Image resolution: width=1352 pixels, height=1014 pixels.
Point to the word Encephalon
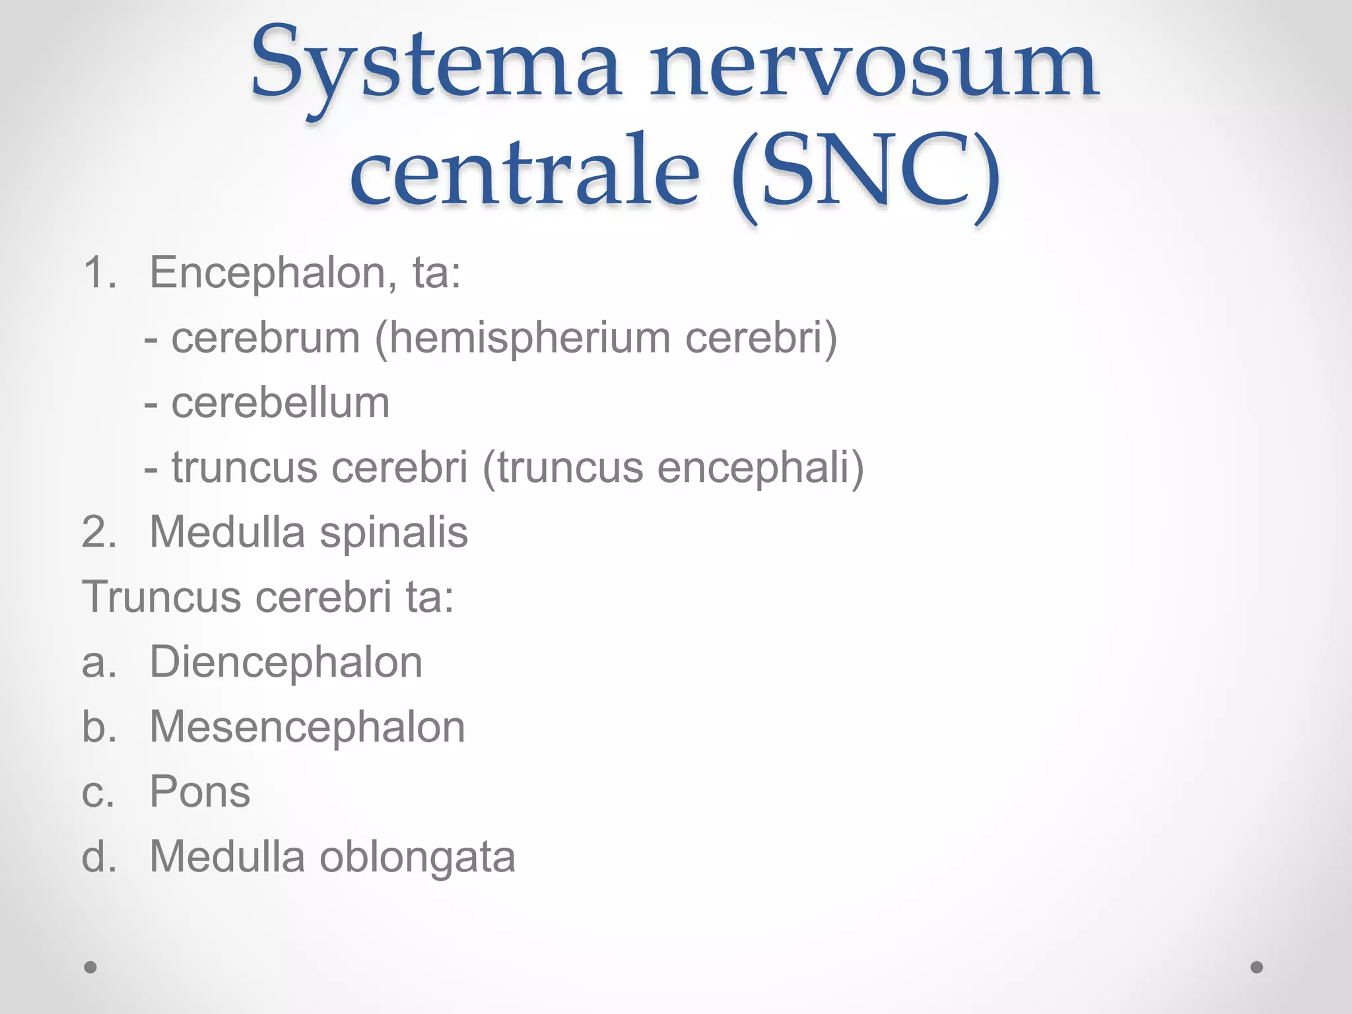(268, 273)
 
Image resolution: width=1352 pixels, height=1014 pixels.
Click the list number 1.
(98, 273)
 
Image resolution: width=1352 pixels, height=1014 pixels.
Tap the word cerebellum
(281, 403)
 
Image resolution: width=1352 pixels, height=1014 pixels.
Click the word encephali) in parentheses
(760, 467)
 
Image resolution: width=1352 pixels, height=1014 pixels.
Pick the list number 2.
(98, 532)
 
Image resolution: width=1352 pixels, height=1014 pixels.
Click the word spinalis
(394, 532)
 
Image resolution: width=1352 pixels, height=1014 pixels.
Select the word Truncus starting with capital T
(162, 597)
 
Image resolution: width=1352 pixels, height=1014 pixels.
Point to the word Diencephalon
(286, 662)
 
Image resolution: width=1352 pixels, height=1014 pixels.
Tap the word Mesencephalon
(307, 727)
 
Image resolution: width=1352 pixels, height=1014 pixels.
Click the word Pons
(200, 792)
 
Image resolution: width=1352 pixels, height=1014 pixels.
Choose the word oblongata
(417, 856)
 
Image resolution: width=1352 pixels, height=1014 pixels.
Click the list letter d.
(98, 856)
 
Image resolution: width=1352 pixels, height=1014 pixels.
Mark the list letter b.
(98, 727)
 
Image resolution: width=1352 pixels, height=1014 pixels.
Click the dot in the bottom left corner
(90, 967)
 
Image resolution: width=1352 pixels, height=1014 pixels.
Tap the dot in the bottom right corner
(1257, 967)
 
